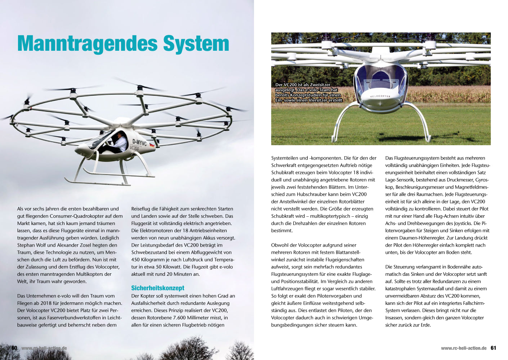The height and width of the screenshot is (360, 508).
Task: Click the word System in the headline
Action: coord(196,44)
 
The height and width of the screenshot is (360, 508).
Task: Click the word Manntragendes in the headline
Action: coord(87,44)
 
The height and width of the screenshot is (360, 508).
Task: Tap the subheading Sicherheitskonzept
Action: coord(157,288)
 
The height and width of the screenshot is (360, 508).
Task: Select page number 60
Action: coord(14,348)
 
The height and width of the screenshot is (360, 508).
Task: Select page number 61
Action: coord(493,348)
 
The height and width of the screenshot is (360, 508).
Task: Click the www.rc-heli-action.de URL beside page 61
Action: coord(464,348)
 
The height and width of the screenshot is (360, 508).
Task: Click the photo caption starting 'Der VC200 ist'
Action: coord(308,93)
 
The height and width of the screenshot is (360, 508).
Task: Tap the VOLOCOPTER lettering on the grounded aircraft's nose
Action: coord(380,96)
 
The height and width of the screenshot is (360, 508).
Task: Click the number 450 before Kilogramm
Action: coord(136,260)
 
